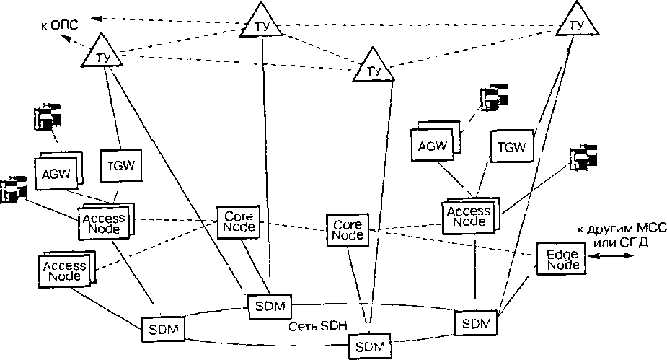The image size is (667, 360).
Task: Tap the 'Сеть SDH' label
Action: pyautogui.click(x=309, y=325)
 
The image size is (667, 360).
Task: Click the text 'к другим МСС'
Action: pyautogui.click(x=622, y=229)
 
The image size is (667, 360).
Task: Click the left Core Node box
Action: pyautogui.click(x=237, y=222)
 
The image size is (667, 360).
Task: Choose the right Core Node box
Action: pyautogui.click(x=347, y=229)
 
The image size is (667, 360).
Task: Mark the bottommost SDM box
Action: pyautogui.click(x=370, y=346)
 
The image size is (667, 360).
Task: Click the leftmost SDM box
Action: pyautogui.click(x=163, y=330)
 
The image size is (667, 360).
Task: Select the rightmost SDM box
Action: pyautogui.click(x=477, y=322)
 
